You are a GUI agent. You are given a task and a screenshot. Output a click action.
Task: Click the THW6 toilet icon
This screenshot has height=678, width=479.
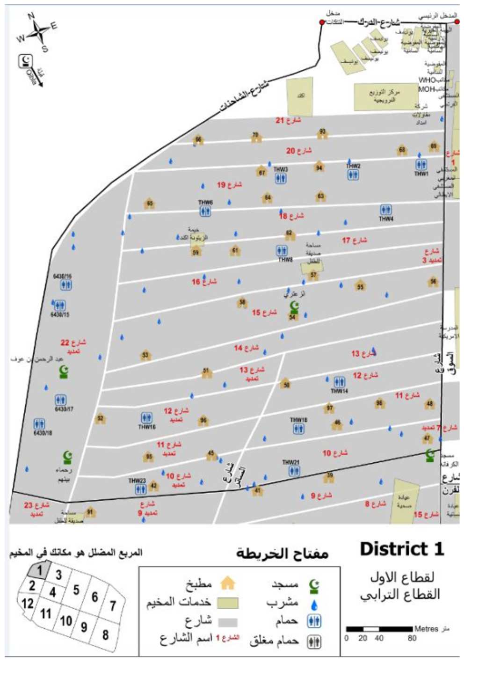coord(205,211)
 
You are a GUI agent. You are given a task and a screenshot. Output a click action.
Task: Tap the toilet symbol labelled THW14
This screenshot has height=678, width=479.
coord(340,382)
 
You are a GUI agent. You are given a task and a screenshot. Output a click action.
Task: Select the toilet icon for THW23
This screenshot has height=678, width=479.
coord(140,489)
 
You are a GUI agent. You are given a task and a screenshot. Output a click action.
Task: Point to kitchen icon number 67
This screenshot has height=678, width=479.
coord(262,172)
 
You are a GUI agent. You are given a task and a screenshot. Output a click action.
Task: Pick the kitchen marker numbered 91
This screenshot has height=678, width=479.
coord(90,512)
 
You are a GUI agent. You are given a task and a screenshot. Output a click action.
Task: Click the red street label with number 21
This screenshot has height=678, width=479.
coord(288,121)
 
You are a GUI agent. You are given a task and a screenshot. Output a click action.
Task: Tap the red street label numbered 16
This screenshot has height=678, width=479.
coord(204,282)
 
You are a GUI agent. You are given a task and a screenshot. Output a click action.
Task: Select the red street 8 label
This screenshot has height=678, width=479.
coord(375,504)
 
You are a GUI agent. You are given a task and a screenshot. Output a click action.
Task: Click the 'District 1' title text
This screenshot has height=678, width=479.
coord(401,549)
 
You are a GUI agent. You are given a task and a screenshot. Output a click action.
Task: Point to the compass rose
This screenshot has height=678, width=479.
coord(37,32)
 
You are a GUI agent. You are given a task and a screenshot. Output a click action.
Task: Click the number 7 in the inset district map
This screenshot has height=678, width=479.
coord(112,606)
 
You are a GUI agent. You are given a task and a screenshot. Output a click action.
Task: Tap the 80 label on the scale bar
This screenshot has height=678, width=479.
coord(412,638)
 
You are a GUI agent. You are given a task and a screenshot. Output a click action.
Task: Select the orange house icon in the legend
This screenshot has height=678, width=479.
coord(227,583)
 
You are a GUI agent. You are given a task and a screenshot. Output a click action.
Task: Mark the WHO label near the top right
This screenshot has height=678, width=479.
coord(427,80)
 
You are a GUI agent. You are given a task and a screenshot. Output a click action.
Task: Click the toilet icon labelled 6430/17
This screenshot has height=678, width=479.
coord(61,400)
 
